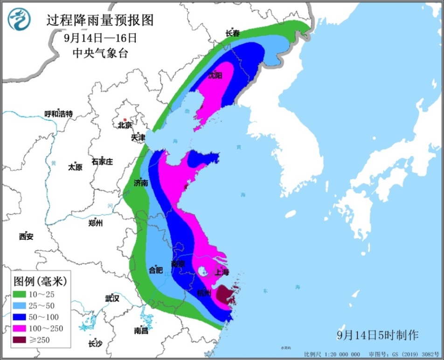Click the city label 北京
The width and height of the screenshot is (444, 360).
[x=125, y=125]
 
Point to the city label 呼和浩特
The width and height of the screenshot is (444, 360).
[x=58, y=114]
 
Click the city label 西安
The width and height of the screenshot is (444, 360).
[x=26, y=236]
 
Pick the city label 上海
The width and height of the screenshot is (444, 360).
[x=222, y=272]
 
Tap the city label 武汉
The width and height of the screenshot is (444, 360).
[x=112, y=298]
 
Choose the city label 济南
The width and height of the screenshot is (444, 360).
[x=140, y=183]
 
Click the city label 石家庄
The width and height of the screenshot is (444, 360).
[x=102, y=162]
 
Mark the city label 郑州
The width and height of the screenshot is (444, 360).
[x=95, y=223]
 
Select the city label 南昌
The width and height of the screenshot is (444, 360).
[x=141, y=331]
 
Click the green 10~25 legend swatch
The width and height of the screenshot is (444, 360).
[x=21, y=295]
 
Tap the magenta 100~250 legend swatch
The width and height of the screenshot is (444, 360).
[x=21, y=329]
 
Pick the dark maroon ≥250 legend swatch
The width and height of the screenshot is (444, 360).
[x=21, y=340]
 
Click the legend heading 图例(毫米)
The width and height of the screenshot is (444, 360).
[x=40, y=282]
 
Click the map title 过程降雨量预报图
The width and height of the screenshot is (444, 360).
[x=100, y=20]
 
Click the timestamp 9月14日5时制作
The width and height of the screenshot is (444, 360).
[x=378, y=335]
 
